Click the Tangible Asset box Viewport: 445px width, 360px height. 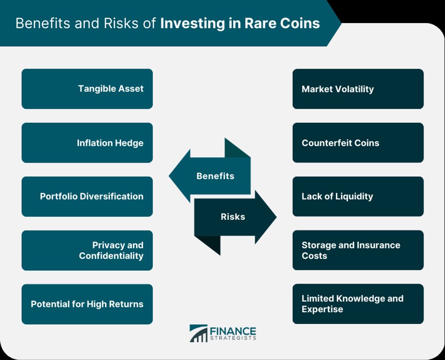pyautogui.click(x=87, y=89)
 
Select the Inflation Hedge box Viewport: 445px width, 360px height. pyautogui.click(x=87, y=143)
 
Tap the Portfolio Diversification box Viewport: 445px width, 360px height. pyautogui.click(x=87, y=196)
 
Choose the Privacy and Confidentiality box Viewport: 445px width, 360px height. pyautogui.click(x=87, y=250)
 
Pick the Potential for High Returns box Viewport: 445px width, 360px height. pyautogui.click(x=87, y=304)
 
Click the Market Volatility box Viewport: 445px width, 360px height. pyautogui.click(x=358, y=89)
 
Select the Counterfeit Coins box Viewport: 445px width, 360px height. pyautogui.click(x=358, y=143)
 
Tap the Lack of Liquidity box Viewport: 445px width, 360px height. pyautogui.click(x=358, y=196)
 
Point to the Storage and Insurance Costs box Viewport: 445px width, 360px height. pyautogui.click(x=358, y=250)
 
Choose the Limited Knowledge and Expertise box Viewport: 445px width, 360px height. pyautogui.click(x=358, y=304)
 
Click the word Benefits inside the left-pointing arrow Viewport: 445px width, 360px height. pyautogui.click(x=216, y=176)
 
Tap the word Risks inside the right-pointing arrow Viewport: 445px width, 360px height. pyautogui.click(x=233, y=217)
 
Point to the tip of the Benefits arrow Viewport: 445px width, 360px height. pyautogui.click(x=169, y=175)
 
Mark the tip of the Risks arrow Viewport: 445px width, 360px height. pyautogui.click(x=276, y=217)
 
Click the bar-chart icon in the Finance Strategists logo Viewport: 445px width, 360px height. pyautogui.click(x=198, y=334)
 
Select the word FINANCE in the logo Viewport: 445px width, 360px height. pyautogui.click(x=233, y=331)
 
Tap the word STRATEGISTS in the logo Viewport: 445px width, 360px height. pyautogui.click(x=233, y=338)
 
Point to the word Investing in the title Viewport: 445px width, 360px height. pyautogui.click(x=193, y=24)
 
